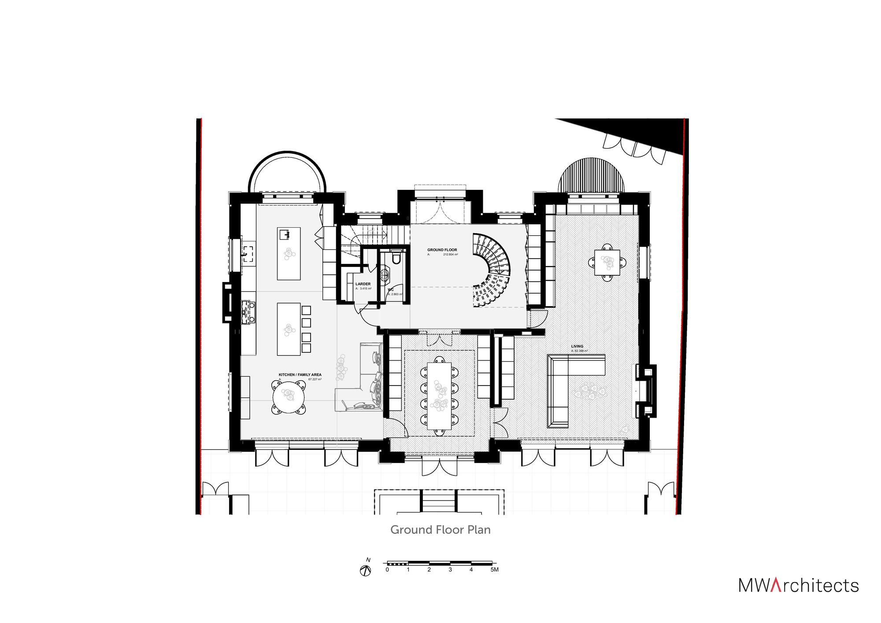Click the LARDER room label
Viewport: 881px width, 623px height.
[363, 284]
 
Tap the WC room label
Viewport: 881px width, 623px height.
[391, 289]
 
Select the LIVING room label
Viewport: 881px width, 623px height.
[577, 347]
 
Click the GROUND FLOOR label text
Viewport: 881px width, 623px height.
[442, 250]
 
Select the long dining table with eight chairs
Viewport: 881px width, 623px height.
[440, 395]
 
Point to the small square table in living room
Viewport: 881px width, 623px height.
[607, 263]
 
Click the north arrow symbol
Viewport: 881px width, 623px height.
[366, 571]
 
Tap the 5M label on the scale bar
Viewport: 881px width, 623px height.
[494, 570]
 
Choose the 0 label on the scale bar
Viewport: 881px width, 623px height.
[387, 570]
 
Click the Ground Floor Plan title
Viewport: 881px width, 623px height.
[440, 530]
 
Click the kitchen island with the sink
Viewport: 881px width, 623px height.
[289, 253]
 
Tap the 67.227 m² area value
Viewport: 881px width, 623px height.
[315, 379]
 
